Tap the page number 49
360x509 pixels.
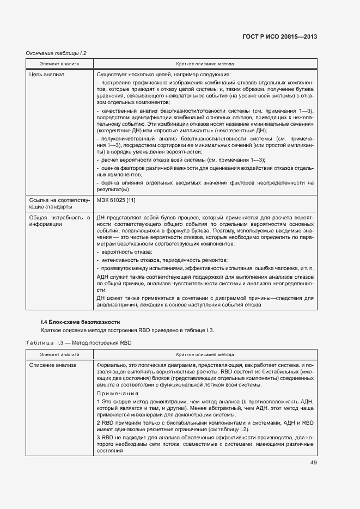pos(313,463)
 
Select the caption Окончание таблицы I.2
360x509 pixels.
pos(57,53)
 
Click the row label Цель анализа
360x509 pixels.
pos(47,75)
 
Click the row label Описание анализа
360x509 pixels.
pos(53,364)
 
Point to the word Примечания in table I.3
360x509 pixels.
pos(117,393)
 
